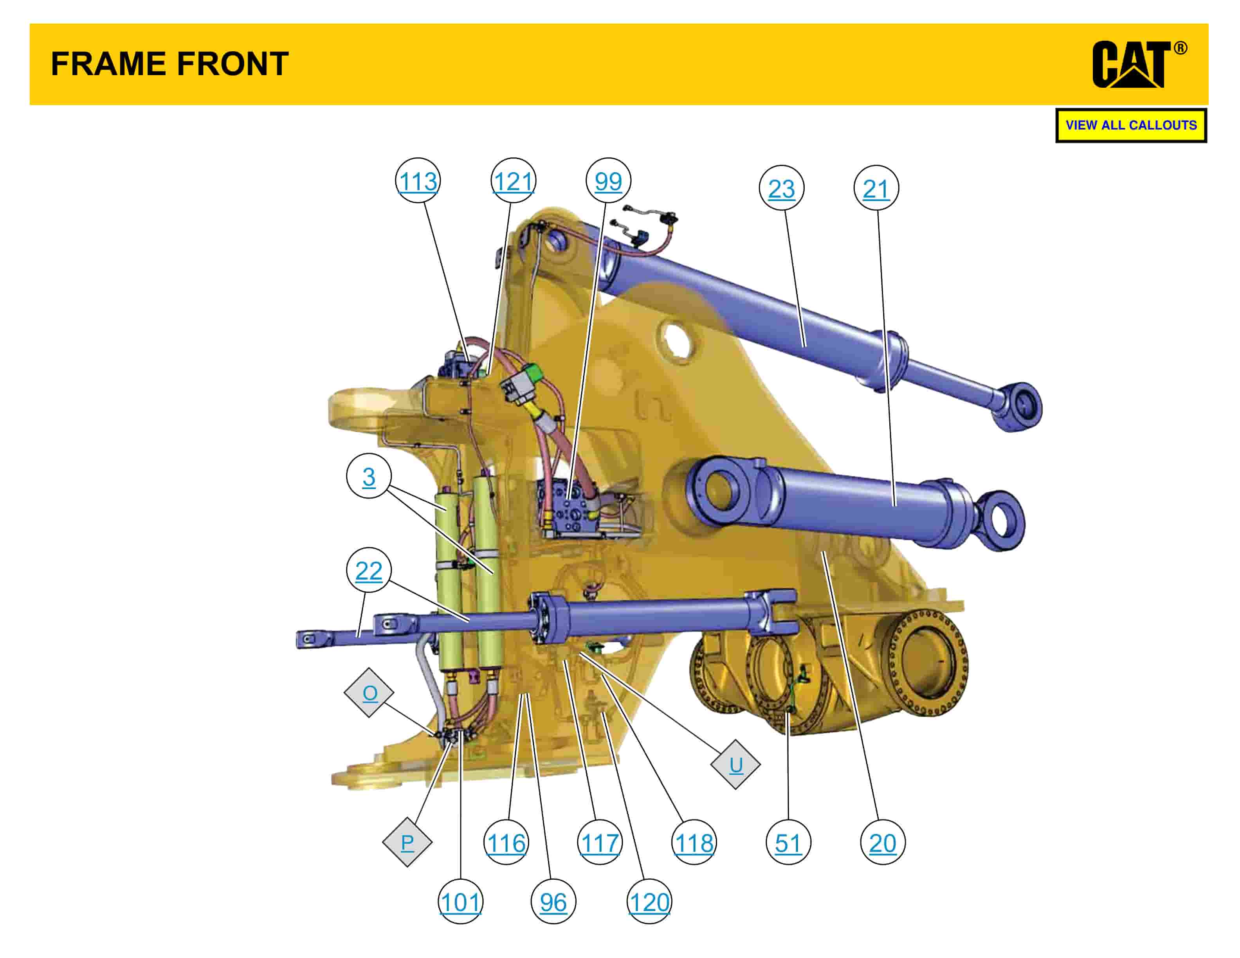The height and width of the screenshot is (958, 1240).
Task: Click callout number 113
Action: (x=418, y=180)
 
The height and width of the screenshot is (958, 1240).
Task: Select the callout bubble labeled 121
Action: (x=513, y=180)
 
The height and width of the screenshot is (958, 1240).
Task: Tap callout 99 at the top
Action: (x=608, y=180)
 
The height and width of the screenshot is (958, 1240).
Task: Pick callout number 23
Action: (x=781, y=188)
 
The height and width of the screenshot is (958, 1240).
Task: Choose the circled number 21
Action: (x=876, y=188)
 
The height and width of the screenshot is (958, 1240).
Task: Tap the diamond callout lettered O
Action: (x=369, y=692)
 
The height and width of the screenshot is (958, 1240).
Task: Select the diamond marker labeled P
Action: (x=407, y=842)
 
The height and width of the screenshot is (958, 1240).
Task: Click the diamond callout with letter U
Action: (x=735, y=764)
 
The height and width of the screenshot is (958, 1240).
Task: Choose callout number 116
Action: (x=506, y=842)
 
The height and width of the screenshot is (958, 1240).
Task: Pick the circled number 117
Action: (x=600, y=842)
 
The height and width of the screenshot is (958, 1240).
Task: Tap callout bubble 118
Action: (x=694, y=842)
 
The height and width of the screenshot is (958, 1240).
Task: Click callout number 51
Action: (x=788, y=842)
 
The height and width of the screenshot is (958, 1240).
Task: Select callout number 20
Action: (x=882, y=842)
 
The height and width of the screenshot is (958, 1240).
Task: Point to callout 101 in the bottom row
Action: (x=460, y=901)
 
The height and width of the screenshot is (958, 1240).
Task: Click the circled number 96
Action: (x=553, y=901)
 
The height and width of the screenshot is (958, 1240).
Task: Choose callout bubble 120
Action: (x=649, y=901)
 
